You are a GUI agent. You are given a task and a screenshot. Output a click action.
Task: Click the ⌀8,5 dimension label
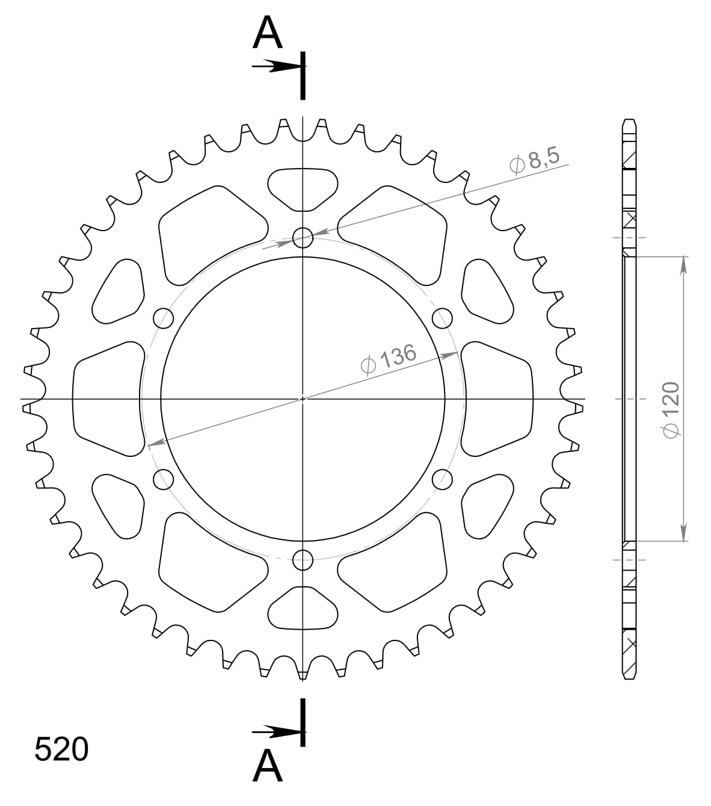[x=534, y=161]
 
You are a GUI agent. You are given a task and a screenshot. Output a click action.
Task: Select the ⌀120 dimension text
[x=671, y=410]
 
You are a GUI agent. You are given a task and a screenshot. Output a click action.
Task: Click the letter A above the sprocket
[x=267, y=33]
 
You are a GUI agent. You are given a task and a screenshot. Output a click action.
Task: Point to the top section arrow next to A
[x=276, y=66]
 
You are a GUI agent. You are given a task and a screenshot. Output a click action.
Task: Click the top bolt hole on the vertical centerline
[x=303, y=238]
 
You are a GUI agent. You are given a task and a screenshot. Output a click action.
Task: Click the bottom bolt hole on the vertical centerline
[x=303, y=560]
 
